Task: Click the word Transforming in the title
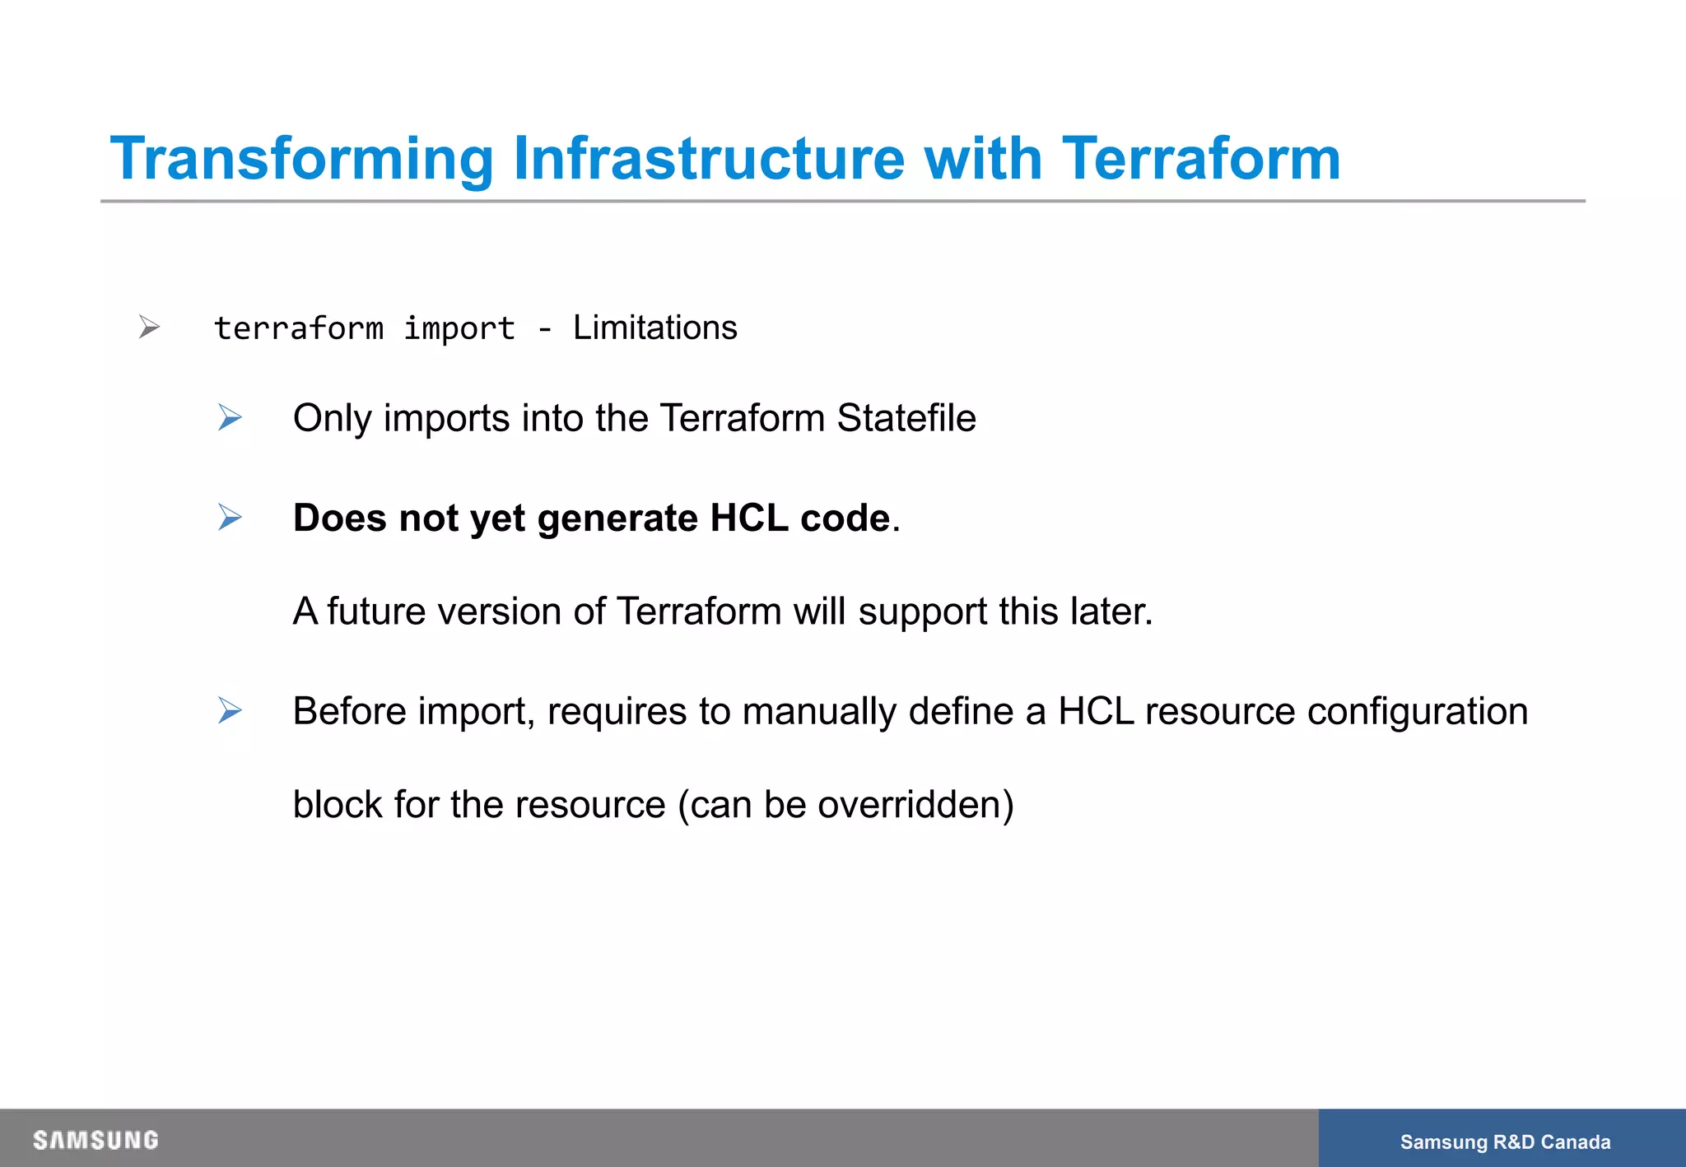(x=301, y=159)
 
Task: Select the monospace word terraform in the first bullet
(x=299, y=328)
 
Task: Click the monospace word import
(x=459, y=329)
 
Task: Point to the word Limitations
(x=654, y=328)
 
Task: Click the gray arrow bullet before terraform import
(x=149, y=327)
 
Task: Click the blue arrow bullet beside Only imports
(x=230, y=418)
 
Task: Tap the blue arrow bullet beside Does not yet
(x=230, y=518)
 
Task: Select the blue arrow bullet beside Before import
(x=230, y=710)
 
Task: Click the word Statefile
(x=906, y=418)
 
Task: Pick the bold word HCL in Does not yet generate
(x=748, y=518)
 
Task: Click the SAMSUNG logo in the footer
(x=95, y=1140)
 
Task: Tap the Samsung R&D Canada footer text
(x=1505, y=1141)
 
